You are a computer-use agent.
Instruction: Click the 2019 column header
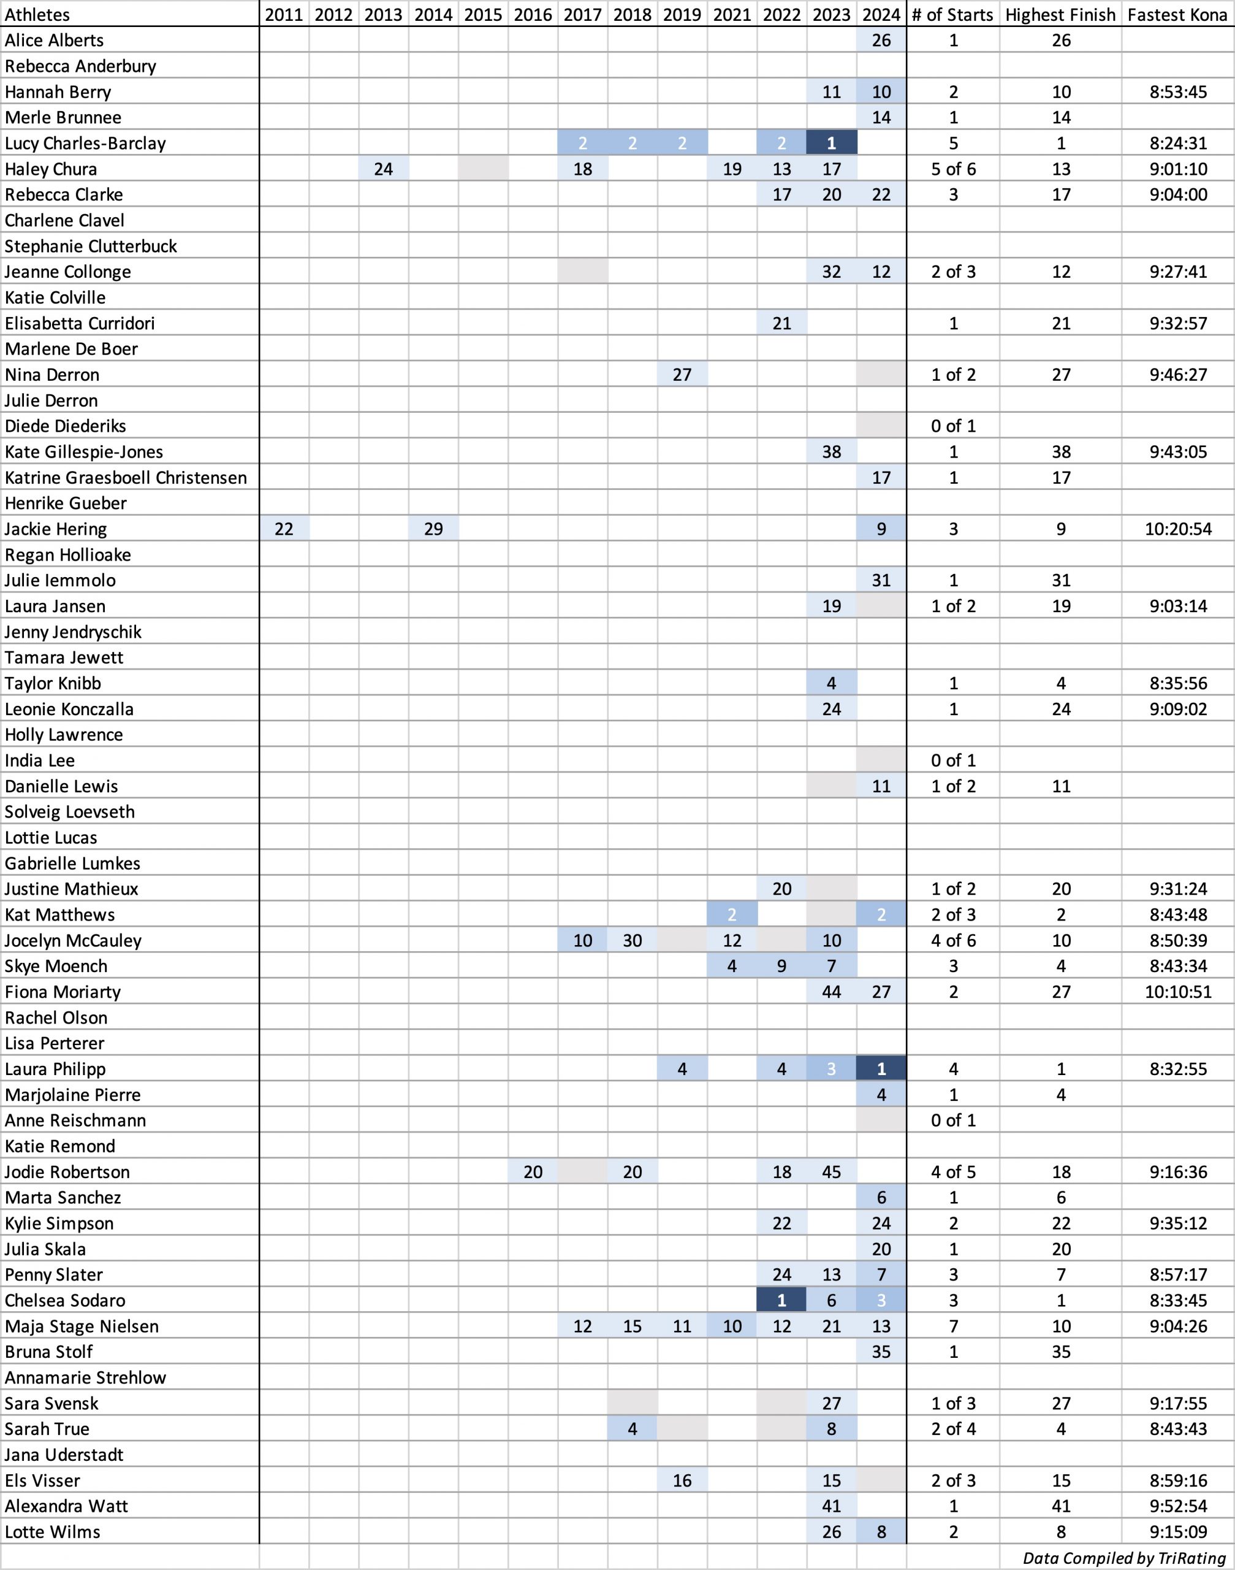pos(682,15)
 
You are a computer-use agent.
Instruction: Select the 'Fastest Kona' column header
pos(1178,15)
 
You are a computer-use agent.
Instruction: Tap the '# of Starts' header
pos(953,15)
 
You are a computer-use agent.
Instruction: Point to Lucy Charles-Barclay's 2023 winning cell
pos(832,144)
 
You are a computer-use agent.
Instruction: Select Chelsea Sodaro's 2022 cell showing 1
pos(781,1301)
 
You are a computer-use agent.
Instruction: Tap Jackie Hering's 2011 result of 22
pos(284,529)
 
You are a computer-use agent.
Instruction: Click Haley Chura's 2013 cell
pos(383,169)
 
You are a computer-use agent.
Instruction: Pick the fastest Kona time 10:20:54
pos(1178,529)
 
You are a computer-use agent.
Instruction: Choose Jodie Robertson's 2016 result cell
pos(533,1172)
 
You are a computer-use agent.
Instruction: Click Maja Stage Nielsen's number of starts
pos(953,1326)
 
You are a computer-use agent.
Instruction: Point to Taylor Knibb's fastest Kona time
pos(1178,684)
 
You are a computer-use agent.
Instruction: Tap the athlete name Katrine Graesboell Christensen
pos(126,478)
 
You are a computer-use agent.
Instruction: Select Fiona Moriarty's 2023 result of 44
pos(832,992)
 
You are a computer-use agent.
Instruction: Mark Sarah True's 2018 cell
pos(632,1429)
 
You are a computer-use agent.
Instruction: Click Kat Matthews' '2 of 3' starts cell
pos(953,915)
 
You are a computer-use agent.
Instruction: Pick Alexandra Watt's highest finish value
pos(1061,1506)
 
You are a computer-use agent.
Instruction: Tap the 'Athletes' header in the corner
pos(37,15)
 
